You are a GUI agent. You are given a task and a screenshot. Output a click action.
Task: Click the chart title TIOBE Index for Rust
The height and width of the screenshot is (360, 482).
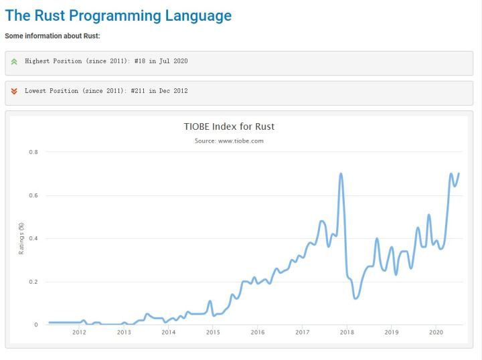pyautogui.click(x=229, y=126)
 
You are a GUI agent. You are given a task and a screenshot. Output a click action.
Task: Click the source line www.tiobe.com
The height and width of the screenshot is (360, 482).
pyautogui.click(x=229, y=141)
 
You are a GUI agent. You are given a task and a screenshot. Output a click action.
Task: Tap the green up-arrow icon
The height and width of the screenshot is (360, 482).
pyautogui.click(x=14, y=62)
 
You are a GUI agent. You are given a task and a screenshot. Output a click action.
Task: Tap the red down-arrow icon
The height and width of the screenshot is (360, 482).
pyautogui.click(x=14, y=91)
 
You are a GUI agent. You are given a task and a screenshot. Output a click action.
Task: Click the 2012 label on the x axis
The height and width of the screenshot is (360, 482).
pyautogui.click(x=79, y=333)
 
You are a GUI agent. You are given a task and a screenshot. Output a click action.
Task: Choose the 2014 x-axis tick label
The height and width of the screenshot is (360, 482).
pyautogui.click(x=168, y=333)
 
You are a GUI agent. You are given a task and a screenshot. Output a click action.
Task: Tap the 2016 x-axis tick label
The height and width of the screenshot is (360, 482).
pyautogui.click(x=258, y=333)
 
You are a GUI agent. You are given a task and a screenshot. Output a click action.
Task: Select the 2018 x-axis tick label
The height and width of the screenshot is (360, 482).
pyautogui.click(x=347, y=333)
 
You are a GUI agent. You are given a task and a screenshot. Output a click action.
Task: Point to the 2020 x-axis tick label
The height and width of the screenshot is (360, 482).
pyautogui.click(x=436, y=333)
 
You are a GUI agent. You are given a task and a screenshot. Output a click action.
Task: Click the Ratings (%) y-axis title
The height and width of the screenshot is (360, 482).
pyautogui.click(x=21, y=238)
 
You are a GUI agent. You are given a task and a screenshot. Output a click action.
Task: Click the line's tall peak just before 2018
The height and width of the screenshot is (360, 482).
pyautogui.click(x=341, y=174)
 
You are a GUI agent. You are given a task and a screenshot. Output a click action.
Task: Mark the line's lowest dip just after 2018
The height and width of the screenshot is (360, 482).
pyautogui.click(x=355, y=298)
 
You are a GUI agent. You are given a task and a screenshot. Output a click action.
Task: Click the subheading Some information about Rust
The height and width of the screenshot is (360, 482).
pyautogui.click(x=52, y=35)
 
